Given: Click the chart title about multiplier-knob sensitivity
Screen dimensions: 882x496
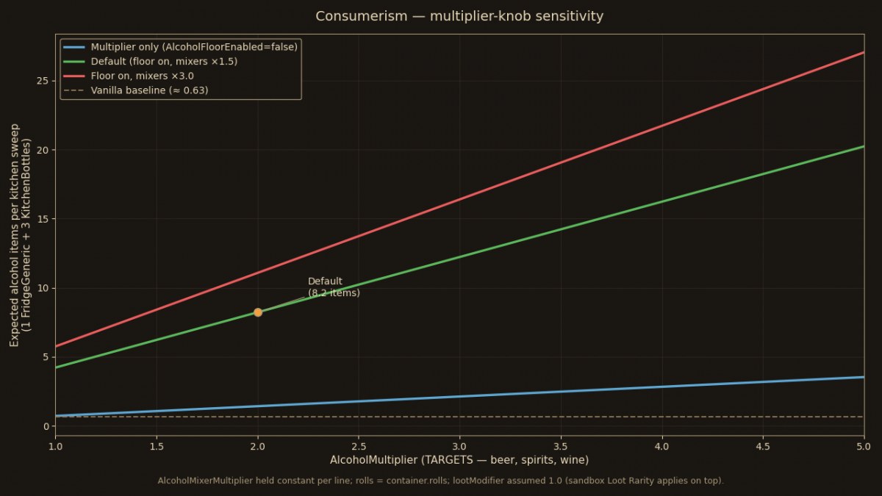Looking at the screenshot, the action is click(x=459, y=16).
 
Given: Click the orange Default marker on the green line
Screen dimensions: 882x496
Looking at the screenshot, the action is click(x=258, y=312).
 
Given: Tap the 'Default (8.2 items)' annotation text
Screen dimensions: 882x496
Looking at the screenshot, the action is click(x=334, y=287).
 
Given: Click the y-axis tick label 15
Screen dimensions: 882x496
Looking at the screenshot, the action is click(x=43, y=219).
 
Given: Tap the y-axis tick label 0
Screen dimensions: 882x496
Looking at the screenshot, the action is click(x=47, y=426).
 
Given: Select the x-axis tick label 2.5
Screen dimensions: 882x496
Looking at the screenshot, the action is click(x=359, y=447).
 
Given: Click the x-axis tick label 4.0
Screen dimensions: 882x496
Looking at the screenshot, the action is click(x=662, y=447).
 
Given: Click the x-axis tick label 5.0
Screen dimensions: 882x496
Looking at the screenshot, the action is click(x=864, y=447).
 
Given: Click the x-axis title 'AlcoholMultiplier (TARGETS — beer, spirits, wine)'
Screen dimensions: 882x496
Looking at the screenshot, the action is click(x=459, y=460).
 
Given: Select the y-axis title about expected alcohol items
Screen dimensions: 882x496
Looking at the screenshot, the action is click(x=20, y=235).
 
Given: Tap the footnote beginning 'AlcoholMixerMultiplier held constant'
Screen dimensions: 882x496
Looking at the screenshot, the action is click(x=440, y=481).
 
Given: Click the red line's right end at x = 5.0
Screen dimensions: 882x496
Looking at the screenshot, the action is click(x=864, y=52).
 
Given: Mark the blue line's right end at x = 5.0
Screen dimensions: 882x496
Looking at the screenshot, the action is click(x=864, y=377).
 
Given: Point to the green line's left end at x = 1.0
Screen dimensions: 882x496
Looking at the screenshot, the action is click(x=56, y=367).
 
